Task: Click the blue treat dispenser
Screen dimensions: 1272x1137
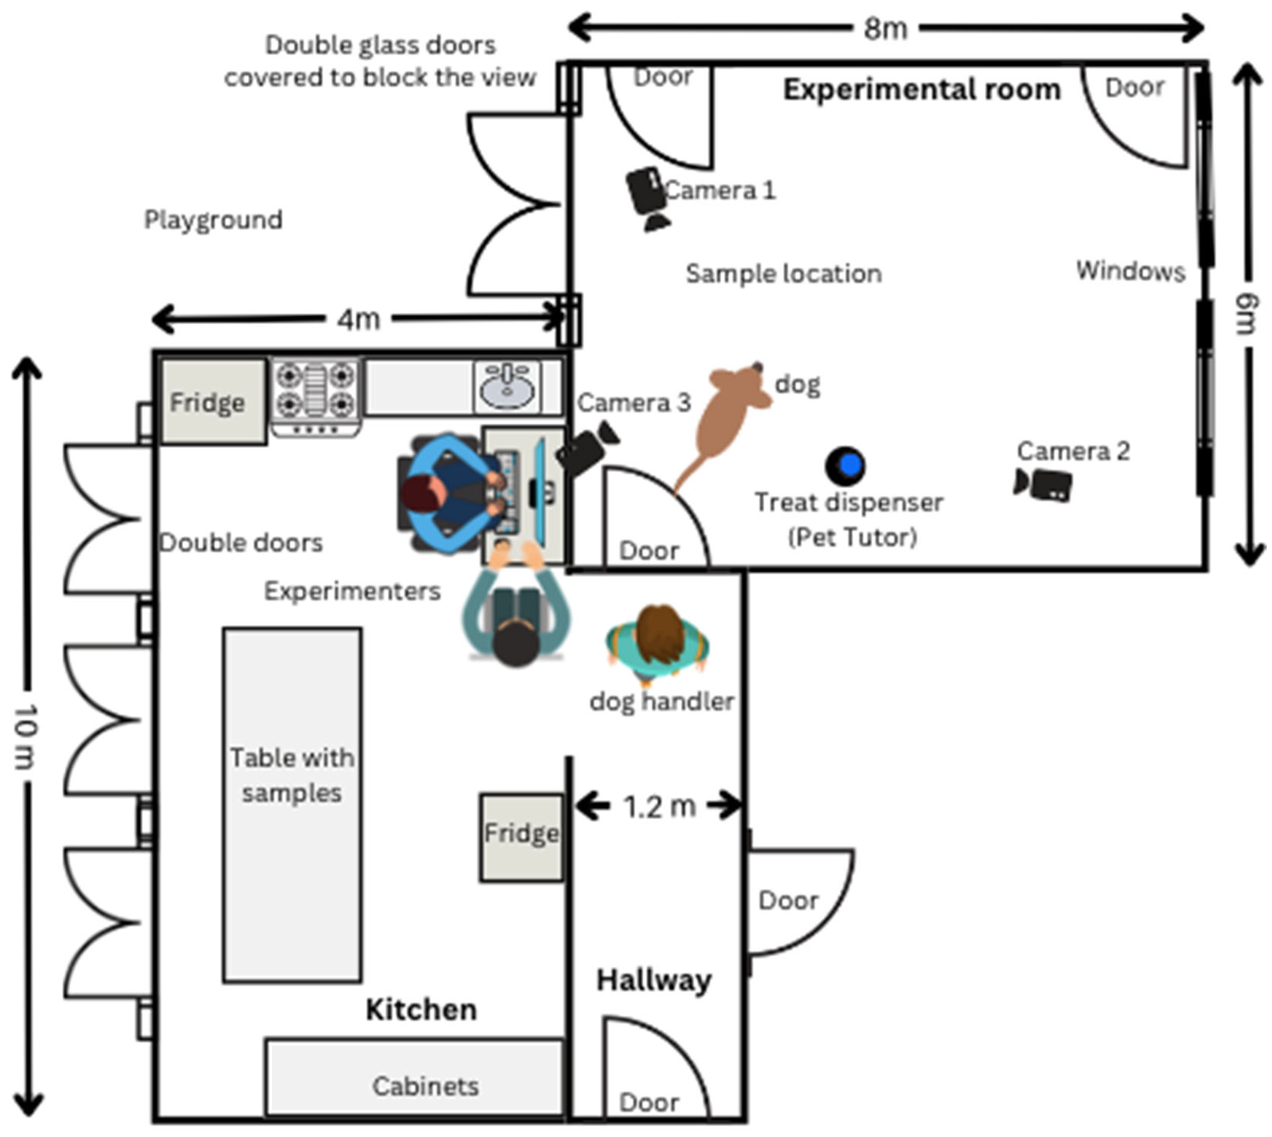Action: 845,465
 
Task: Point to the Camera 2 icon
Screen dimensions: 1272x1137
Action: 1042,485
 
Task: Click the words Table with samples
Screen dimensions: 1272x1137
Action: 292,775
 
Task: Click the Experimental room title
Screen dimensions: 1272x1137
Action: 922,89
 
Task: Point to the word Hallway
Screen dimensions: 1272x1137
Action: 654,980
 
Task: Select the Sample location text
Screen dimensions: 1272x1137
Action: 784,274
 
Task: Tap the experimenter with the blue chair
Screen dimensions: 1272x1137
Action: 452,493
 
